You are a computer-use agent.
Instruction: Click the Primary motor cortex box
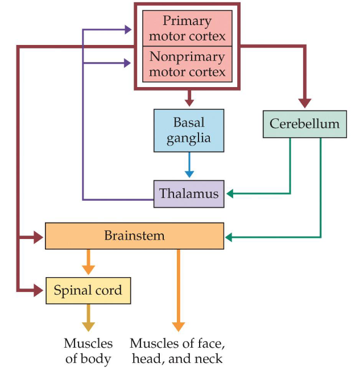tap(187, 28)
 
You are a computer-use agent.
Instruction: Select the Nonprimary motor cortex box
tap(187, 64)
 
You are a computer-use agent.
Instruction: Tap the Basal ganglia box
tap(189, 130)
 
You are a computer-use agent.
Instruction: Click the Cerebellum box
tap(304, 123)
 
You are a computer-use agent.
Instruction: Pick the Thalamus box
tap(189, 193)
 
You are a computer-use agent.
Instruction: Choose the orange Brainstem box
tap(134, 236)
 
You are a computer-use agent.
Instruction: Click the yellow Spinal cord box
tap(88, 290)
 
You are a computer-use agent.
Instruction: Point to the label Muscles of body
tap(88, 351)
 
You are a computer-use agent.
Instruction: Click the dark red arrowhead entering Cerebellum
tap(305, 103)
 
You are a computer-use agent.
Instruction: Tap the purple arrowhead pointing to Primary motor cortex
tap(127, 28)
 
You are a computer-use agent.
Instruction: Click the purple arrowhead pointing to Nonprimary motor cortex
tap(127, 63)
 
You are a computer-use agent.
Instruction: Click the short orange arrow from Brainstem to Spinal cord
tap(88, 262)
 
